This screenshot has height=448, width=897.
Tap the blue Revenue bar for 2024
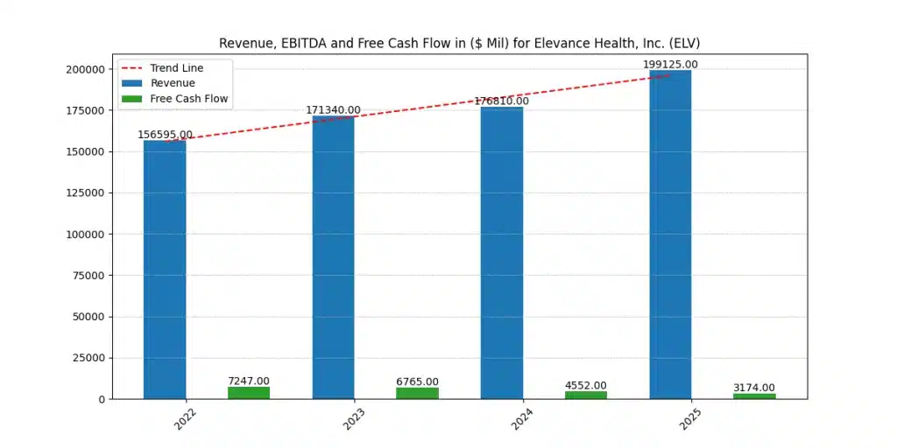click(502, 253)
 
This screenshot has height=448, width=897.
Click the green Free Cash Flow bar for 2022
click(249, 393)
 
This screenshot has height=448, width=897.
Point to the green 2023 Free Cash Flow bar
click(417, 394)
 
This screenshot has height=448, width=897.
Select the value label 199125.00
click(670, 64)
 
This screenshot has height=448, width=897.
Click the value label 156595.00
click(165, 135)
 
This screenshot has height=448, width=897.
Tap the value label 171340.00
click(333, 110)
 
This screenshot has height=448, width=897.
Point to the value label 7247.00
click(249, 381)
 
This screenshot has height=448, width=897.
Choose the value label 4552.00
click(586, 385)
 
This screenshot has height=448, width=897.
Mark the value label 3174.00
click(754, 388)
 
